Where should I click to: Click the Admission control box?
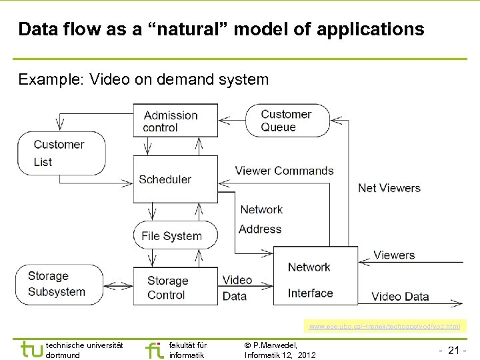pos(175,121)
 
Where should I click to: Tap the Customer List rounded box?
pos(60,153)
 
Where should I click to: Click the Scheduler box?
pos(175,179)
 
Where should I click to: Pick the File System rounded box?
pos(175,235)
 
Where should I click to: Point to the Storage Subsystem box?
pos(59,284)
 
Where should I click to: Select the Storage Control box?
pos(175,288)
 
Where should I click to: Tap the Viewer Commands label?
pos(284,171)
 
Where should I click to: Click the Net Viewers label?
pos(389,188)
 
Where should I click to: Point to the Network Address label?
pos(261,219)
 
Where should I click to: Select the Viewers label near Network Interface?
pos(394,255)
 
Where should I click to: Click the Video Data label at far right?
pos(400,297)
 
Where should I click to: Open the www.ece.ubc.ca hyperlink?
pos(384,327)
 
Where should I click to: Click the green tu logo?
pos(31,349)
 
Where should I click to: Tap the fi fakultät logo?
pos(154,349)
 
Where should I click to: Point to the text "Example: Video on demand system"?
pos(143,80)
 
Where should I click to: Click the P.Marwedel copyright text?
pos(280,349)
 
